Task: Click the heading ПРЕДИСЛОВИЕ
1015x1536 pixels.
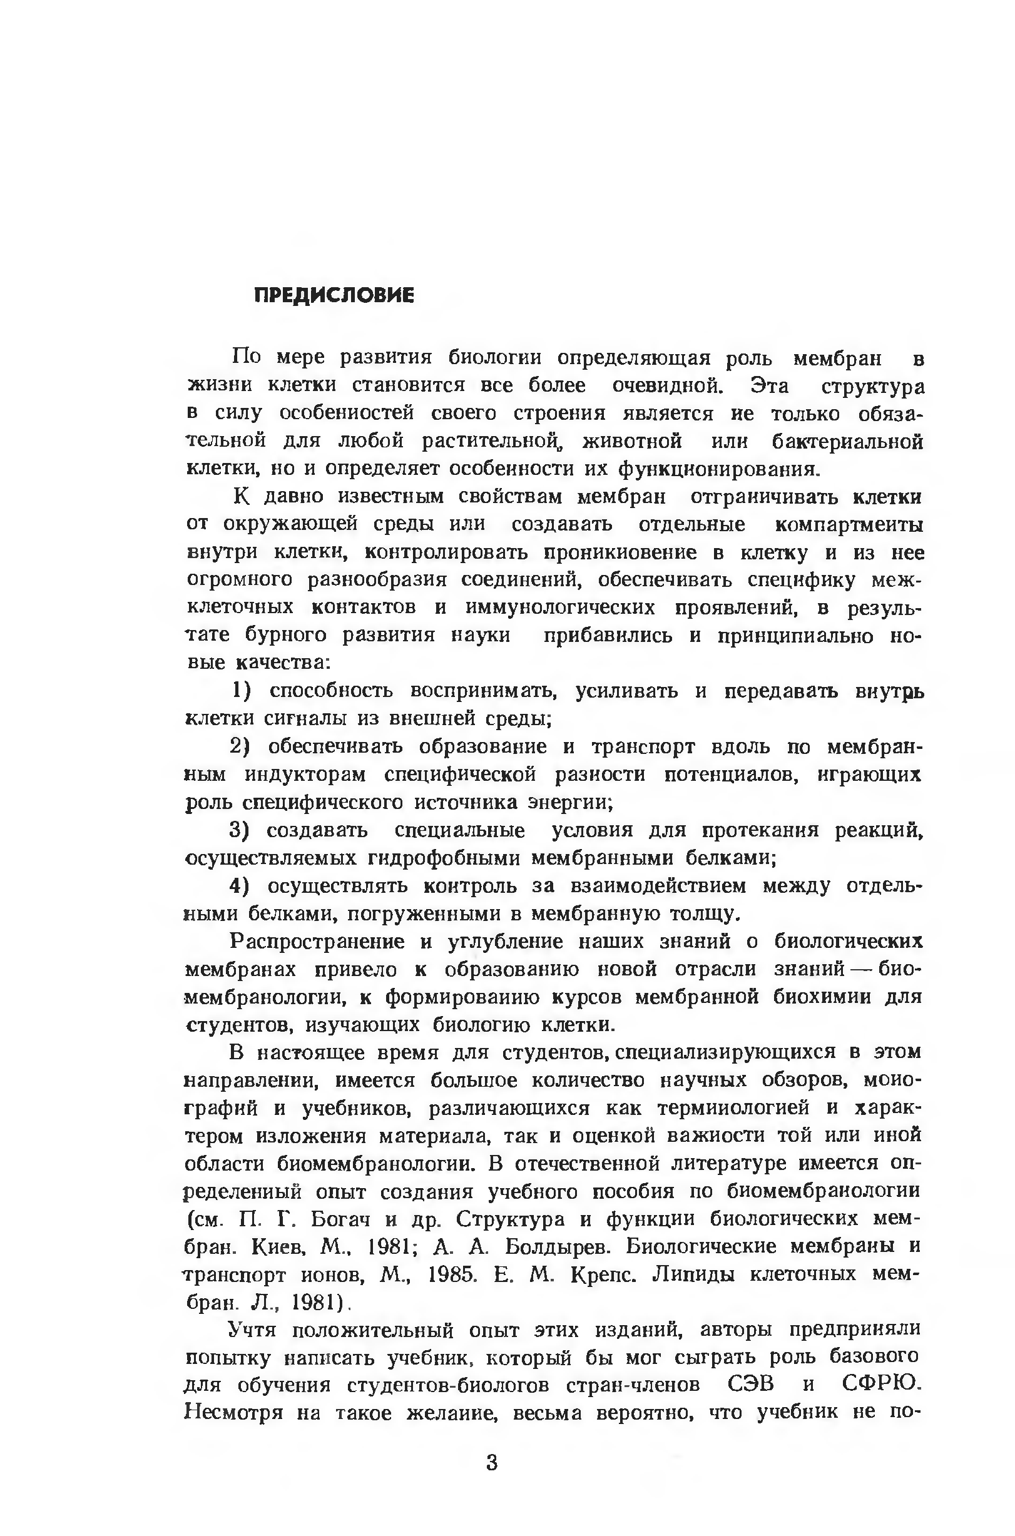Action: click(334, 296)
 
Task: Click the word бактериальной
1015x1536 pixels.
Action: click(847, 441)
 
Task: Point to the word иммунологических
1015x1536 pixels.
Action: click(560, 608)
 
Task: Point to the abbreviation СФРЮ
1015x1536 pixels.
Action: click(881, 1386)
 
